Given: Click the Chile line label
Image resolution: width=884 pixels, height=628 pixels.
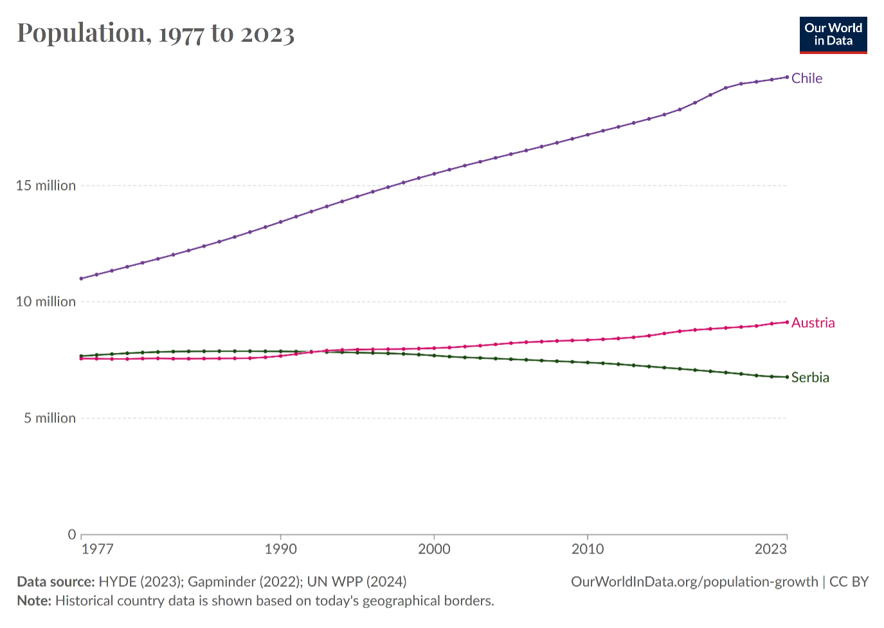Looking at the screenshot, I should (806, 78).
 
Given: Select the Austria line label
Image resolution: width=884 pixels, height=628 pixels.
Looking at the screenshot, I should (813, 323).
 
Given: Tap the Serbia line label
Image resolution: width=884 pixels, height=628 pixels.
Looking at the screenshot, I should (810, 377).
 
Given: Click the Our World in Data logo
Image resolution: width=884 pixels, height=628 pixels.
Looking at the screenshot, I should (833, 35).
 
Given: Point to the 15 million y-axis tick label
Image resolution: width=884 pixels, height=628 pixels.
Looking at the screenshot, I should (46, 186).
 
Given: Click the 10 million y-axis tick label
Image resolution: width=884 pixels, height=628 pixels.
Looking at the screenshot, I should (46, 302).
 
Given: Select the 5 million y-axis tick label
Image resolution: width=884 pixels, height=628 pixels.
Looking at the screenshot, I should (50, 418).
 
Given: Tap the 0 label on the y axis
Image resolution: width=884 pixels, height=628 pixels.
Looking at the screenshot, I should (72, 535).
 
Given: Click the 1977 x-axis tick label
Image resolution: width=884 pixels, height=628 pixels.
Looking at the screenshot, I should (98, 549).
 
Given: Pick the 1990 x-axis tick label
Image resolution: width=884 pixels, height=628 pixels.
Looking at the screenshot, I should (281, 549).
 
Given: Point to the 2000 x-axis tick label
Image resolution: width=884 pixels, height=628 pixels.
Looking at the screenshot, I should (434, 549).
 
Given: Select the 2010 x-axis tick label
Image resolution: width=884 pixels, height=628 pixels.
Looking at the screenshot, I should (588, 549).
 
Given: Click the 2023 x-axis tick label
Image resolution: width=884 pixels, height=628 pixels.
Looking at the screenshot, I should (770, 549).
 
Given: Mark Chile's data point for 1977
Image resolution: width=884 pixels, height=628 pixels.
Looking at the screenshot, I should (81, 278).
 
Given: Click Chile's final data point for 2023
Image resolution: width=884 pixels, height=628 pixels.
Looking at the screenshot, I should (787, 77).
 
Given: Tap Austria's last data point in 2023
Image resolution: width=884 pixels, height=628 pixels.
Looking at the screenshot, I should (787, 322).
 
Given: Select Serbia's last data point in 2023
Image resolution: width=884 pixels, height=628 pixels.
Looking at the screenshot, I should (787, 377).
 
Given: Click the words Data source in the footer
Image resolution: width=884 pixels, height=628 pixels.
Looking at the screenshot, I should (55, 582).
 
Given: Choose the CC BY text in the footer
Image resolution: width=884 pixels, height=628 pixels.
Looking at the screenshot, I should (849, 582).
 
